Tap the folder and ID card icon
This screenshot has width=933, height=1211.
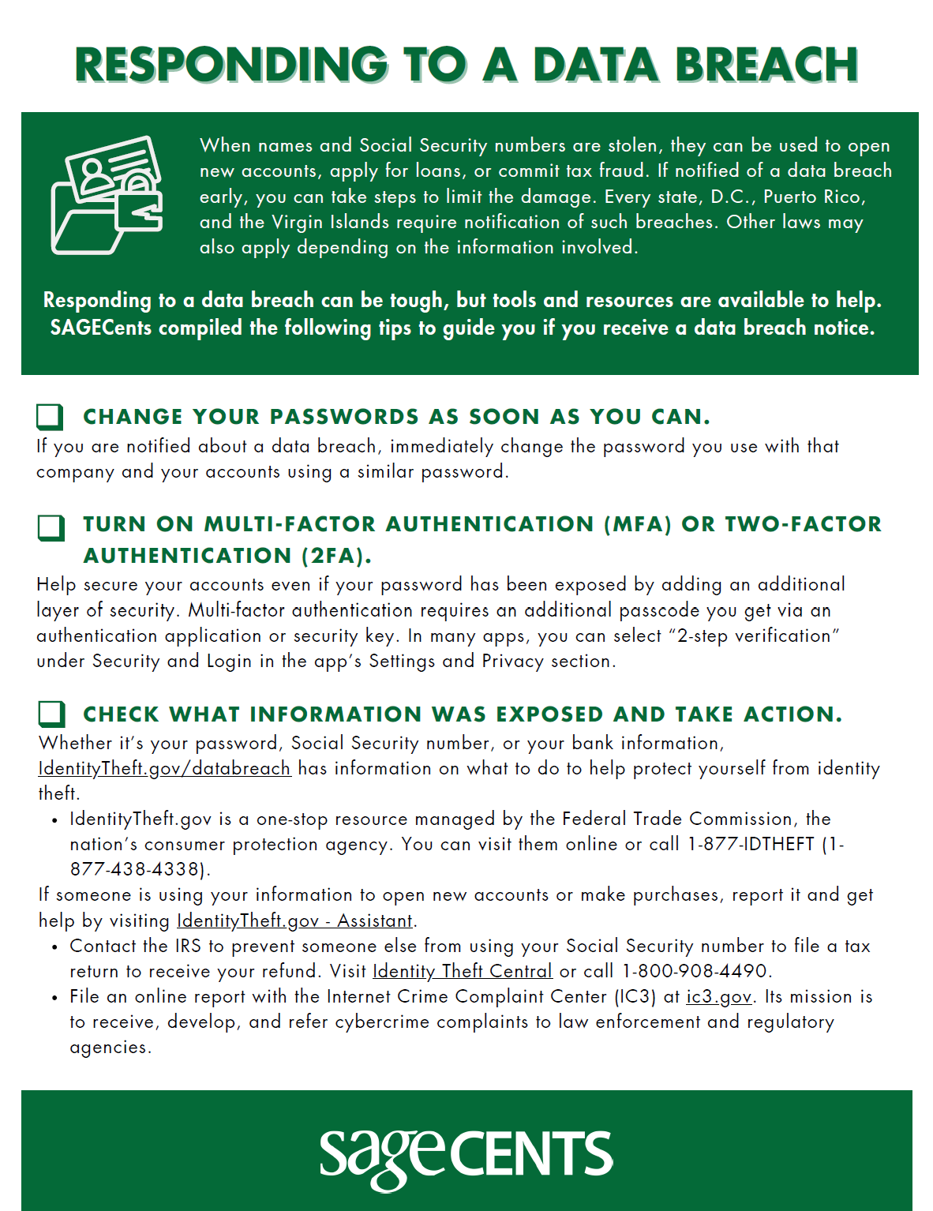pyautogui.click(x=107, y=195)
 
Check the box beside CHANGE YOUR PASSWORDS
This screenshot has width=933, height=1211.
pyautogui.click(x=50, y=416)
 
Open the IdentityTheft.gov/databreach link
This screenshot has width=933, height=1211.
pyautogui.click(x=164, y=768)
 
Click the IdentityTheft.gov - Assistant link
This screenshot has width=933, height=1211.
pyautogui.click(x=294, y=920)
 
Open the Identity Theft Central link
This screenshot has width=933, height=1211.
pyautogui.click(x=462, y=971)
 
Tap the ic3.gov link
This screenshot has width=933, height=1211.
pyautogui.click(x=718, y=996)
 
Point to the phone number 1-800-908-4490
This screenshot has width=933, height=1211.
pyautogui.click(x=695, y=971)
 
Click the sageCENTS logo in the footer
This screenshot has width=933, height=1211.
pyautogui.click(x=466, y=1155)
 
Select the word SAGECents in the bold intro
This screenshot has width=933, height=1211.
pyautogui.click(x=100, y=328)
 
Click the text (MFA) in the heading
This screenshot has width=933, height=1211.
pyautogui.click(x=637, y=524)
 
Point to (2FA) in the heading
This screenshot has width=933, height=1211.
pyautogui.click(x=335, y=556)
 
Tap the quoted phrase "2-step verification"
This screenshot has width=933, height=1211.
pyautogui.click(x=754, y=635)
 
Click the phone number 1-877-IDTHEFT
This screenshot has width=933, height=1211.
pyautogui.click(x=750, y=844)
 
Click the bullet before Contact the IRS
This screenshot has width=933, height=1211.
pyautogui.click(x=54, y=947)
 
